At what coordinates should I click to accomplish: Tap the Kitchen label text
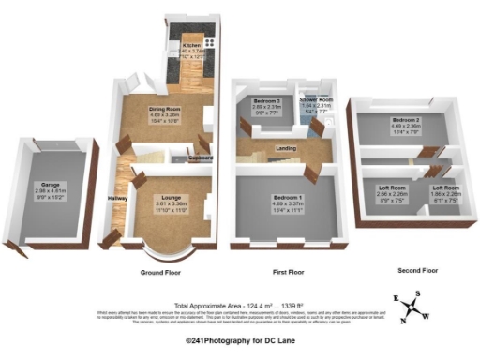click(x=191, y=44)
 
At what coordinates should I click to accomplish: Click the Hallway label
click(x=118, y=198)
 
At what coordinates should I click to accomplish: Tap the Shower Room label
click(x=316, y=99)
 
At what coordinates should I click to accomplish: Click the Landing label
click(x=286, y=148)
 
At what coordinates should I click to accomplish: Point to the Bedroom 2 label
click(x=405, y=120)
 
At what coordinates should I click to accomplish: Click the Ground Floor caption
click(x=159, y=272)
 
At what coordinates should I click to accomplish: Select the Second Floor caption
click(x=417, y=270)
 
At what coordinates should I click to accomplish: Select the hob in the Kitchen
click(x=207, y=41)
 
